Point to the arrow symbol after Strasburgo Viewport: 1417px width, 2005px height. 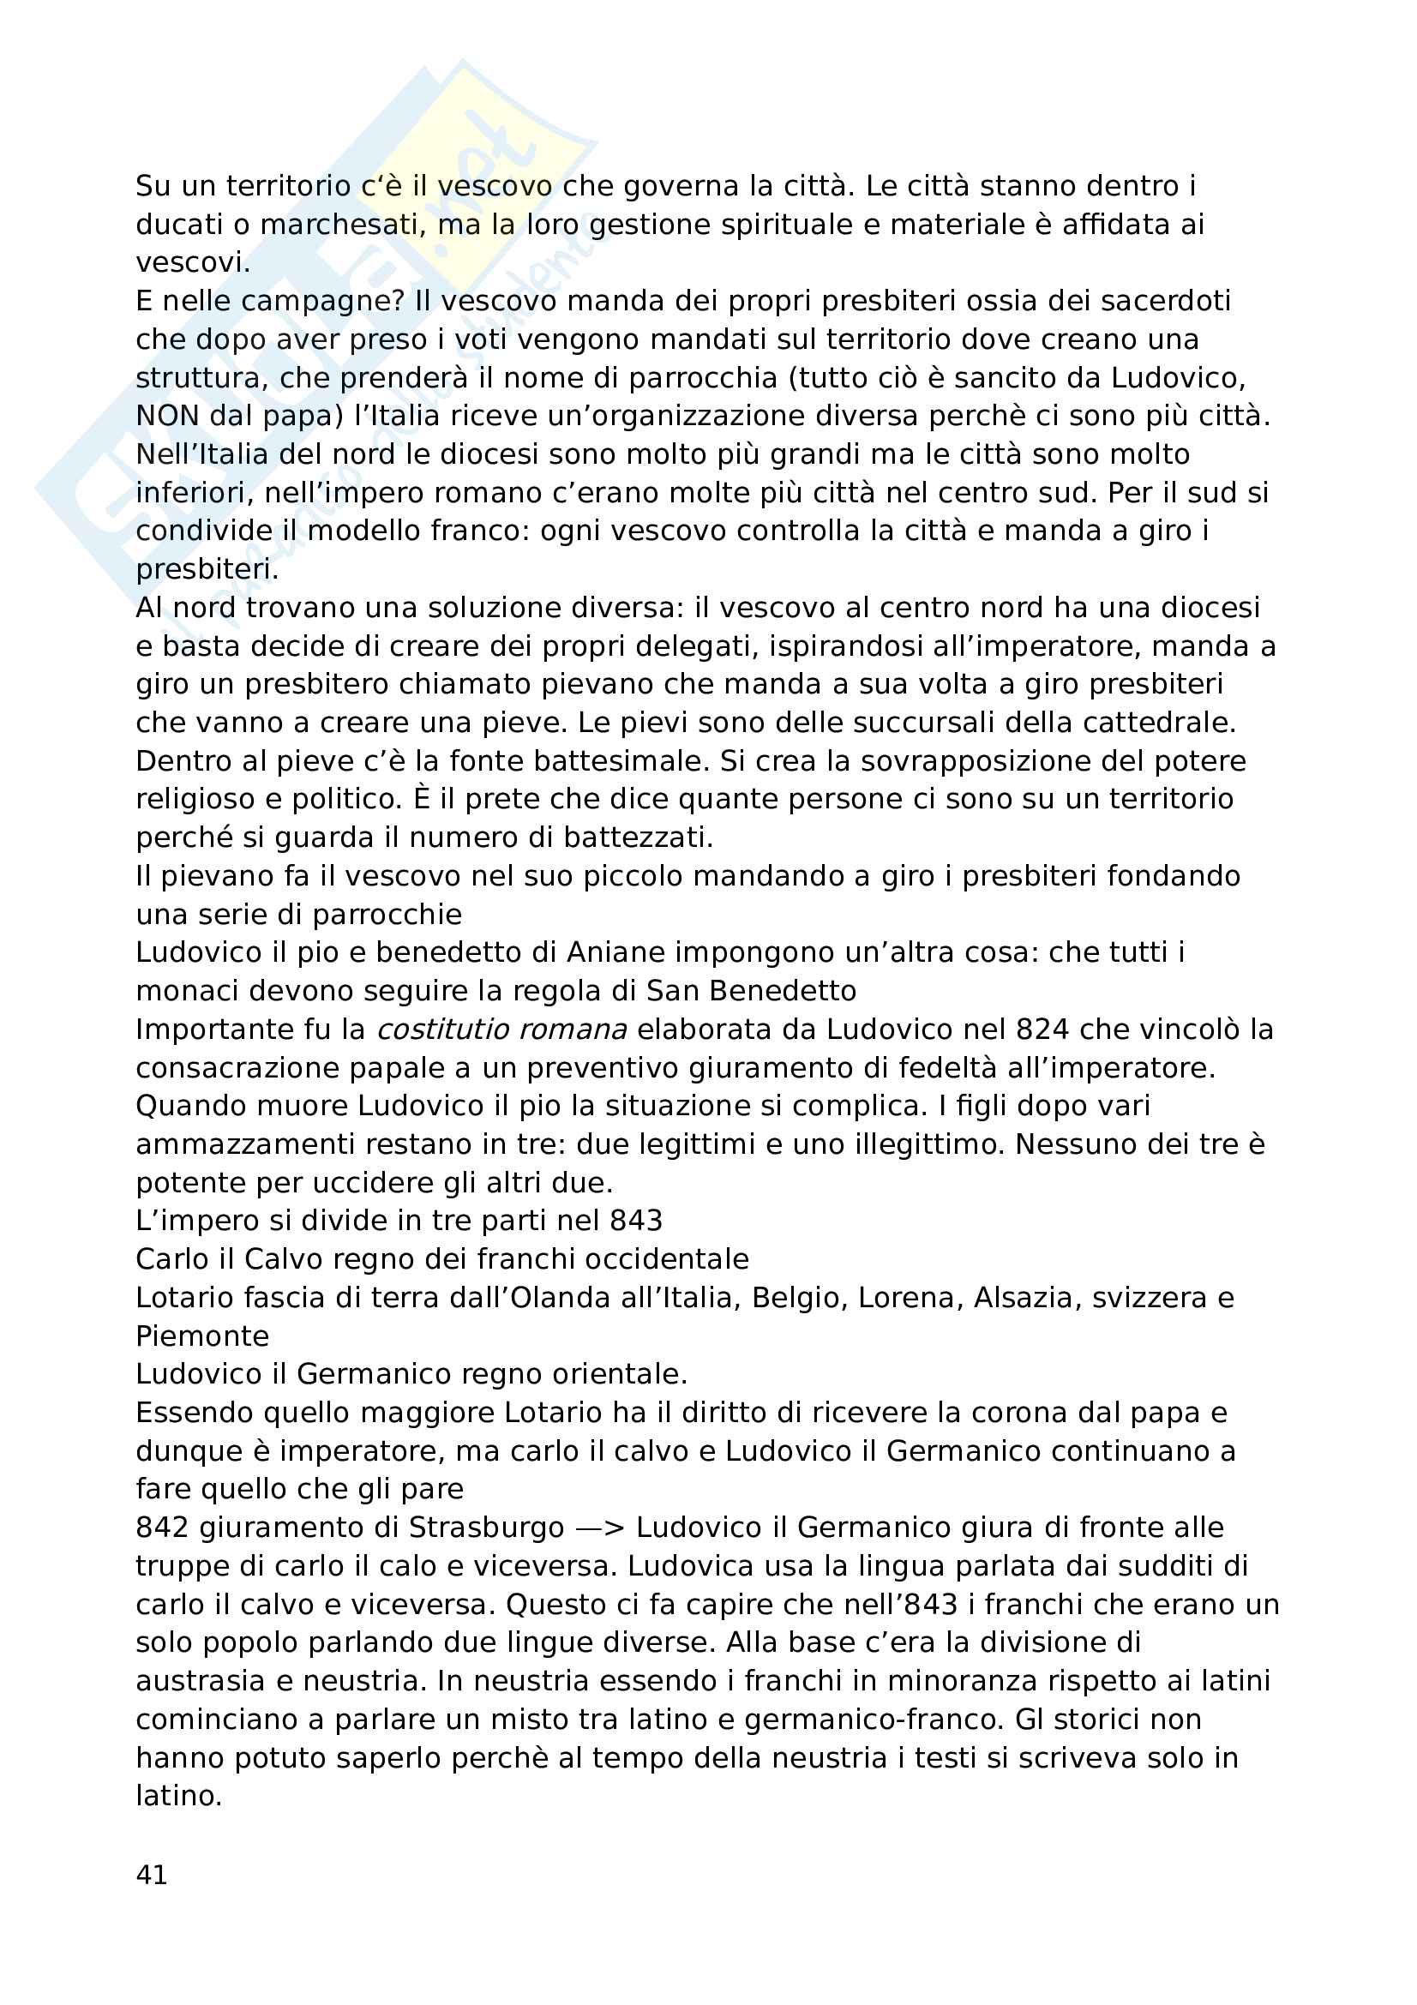(599, 1528)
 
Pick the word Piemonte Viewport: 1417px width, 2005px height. (202, 1336)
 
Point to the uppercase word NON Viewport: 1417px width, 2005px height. (167, 416)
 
